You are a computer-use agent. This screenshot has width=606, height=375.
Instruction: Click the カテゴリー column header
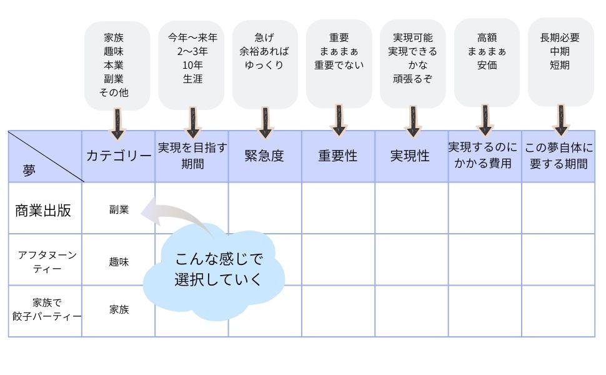[x=118, y=156]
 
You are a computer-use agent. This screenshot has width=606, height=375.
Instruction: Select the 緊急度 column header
[x=265, y=156]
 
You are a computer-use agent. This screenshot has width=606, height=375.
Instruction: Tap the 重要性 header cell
[x=338, y=156]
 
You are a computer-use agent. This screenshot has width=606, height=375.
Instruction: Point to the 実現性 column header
[x=410, y=156]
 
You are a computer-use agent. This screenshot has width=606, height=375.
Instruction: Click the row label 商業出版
[x=43, y=210]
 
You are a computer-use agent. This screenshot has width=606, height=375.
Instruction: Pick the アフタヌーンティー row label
[x=47, y=262]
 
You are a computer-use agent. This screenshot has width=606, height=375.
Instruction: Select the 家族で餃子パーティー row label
[x=47, y=309]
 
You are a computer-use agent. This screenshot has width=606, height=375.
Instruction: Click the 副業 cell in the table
[x=119, y=210]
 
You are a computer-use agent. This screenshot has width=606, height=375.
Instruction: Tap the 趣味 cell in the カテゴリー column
[x=119, y=262]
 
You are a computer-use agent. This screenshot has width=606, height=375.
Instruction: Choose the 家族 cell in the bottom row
[x=119, y=309]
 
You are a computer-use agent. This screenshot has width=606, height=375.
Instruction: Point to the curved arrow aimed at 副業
[x=172, y=216]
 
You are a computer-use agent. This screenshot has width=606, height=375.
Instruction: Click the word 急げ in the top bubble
[x=265, y=37]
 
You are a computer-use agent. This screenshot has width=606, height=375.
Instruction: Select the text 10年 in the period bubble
[x=192, y=65]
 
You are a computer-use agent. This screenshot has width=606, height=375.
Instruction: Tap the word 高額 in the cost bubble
[x=487, y=37]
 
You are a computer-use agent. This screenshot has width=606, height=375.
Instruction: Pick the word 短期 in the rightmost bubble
[x=560, y=65]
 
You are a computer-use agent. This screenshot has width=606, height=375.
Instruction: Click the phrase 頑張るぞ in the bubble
[x=412, y=79]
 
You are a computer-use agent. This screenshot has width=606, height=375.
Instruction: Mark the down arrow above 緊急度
[x=266, y=122]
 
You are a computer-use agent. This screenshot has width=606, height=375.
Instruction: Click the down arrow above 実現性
[x=413, y=121]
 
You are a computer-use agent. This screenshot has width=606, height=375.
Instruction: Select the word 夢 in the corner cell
[x=29, y=171]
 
